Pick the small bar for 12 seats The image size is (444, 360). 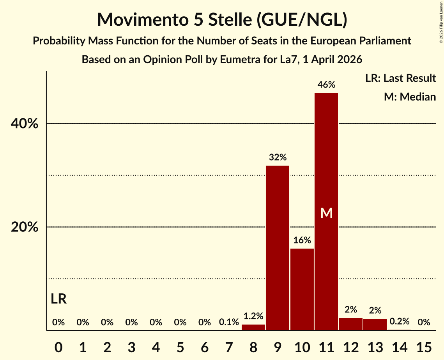point(351,324)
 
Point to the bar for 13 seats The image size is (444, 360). point(375,325)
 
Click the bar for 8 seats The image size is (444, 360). point(253,327)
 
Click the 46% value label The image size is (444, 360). point(326,85)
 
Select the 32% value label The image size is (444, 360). point(278,157)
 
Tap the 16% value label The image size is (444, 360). point(302,240)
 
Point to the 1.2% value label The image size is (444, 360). point(253,316)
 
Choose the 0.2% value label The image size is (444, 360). point(400,321)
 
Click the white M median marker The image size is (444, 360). point(326,213)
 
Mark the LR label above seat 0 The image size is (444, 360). point(58,299)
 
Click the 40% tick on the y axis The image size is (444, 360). point(25,124)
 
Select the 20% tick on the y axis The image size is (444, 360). point(25,227)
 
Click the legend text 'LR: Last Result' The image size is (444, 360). point(400,78)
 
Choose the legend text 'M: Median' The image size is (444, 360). point(410,97)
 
